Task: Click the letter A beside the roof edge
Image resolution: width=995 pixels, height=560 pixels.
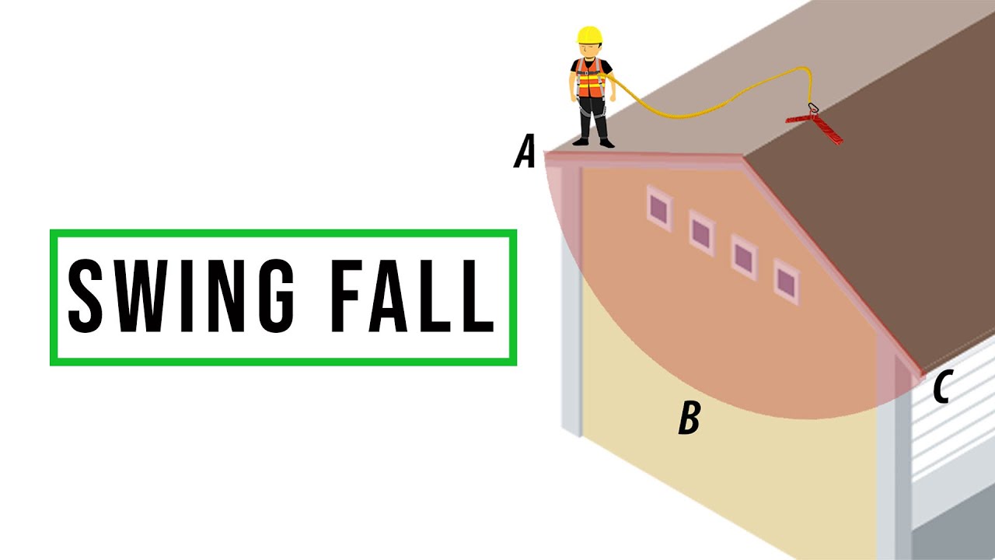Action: tap(525, 151)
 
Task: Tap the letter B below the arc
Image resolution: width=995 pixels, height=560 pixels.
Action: tap(690, 418)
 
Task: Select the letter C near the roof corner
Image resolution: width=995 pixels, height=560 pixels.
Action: tap(942, 387)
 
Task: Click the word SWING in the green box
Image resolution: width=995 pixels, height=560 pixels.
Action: tap(181, 296)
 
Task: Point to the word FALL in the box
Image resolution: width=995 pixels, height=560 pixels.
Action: tap(413, 296)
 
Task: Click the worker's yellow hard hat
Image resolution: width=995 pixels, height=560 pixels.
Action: tap(589, 35)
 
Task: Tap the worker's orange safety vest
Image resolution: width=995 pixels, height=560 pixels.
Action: tap(590, 79)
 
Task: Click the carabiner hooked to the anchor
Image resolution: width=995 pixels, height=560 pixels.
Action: tap(813, 108)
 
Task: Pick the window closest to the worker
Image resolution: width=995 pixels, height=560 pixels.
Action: tap(660, 208)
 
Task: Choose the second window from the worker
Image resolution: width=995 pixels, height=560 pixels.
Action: tap(702, 233)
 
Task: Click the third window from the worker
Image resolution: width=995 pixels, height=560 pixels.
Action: tap(744, 257)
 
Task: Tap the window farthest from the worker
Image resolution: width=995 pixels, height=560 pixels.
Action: tap(786, 282)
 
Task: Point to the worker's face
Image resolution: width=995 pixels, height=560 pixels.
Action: tap(590, 51)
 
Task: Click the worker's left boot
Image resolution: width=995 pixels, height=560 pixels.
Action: tap(607, 143)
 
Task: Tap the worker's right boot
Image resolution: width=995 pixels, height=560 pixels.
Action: tap(581, 142)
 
